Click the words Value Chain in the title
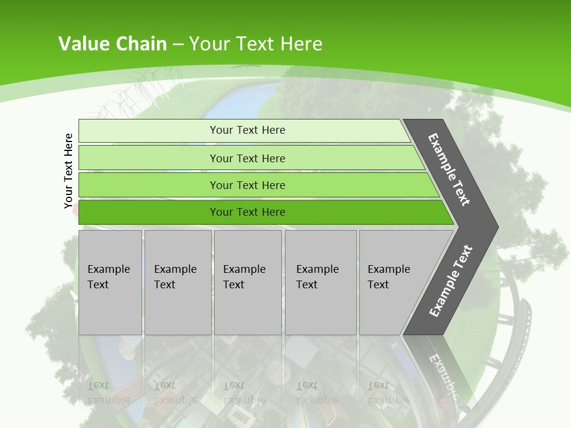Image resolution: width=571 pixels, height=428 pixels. coord(112,43)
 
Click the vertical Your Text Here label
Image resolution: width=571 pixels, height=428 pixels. coord(68,171)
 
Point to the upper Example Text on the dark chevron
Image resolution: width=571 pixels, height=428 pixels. coord(449,169)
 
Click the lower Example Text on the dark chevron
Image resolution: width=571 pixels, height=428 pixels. coord(450,281)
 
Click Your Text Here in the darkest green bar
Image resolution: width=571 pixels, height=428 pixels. coord(247,212)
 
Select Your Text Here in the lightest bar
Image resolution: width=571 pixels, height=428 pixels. coord(247,130)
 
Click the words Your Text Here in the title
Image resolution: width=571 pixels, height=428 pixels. coord(256,43)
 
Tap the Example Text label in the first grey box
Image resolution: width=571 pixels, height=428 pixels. coord(108,276)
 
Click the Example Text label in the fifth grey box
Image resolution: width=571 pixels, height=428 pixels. coord(388,276)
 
